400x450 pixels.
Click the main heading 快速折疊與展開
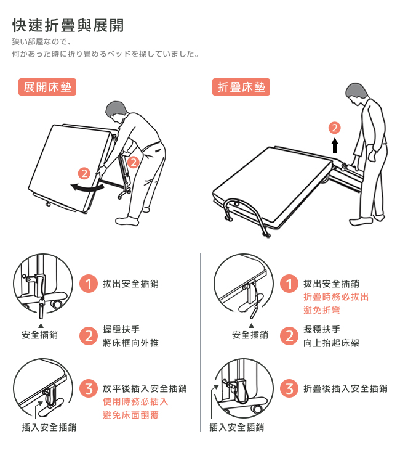coord(68,25)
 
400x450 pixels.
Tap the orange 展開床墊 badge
coord(47,87)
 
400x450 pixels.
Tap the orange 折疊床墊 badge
coord(241,87)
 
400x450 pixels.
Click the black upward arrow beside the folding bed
coord(335,145)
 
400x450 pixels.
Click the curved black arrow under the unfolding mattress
coord(87,188)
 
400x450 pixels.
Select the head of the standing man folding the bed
coord(356,92)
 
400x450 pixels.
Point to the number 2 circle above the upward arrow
coord(334,128)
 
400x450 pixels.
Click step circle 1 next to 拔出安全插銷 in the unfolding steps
coord(89,284)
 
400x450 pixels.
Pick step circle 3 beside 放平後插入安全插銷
coord(89,388)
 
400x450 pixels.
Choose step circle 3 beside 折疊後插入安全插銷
coord(289,388)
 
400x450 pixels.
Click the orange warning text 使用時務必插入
coord(135,401)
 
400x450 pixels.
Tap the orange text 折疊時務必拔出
coord(336,297)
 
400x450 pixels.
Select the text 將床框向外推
coord(130,343)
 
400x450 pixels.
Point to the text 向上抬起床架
coord(331,343)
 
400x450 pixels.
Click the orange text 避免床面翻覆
coord(130,415)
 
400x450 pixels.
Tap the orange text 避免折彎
coord(322,310)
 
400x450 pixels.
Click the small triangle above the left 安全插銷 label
coord(41,325)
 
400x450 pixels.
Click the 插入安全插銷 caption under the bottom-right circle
coord(237,427)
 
